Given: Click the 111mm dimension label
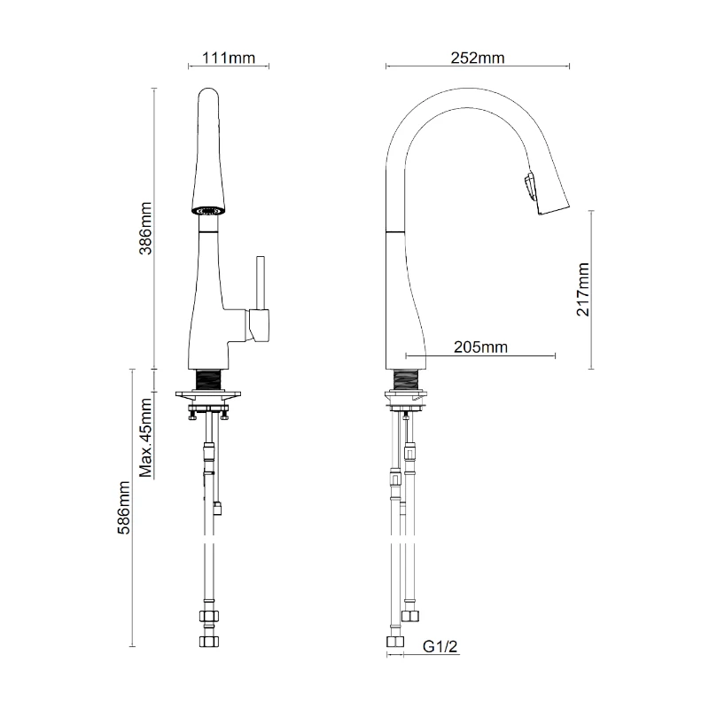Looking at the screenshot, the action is point(229,58).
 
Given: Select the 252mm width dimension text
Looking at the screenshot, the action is point(478,58).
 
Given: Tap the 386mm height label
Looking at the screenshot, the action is point(145,229).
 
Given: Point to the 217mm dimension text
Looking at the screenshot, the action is point(583,290).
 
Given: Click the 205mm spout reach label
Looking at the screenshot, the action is point(480,347).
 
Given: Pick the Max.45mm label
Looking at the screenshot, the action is point(145,438).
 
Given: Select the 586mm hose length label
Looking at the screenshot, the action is point(123,507).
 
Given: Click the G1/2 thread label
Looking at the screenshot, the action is point(440,647).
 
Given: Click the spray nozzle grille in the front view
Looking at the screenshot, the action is point(208,211).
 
